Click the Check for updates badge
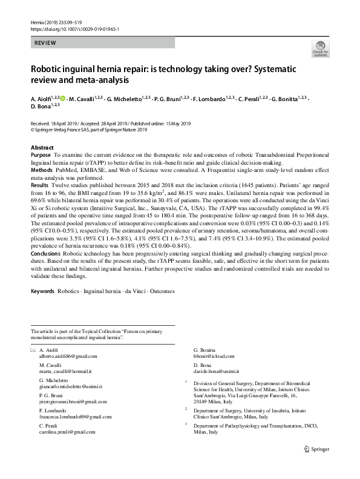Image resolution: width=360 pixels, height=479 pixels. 319,49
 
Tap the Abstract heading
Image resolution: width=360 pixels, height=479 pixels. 42,148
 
